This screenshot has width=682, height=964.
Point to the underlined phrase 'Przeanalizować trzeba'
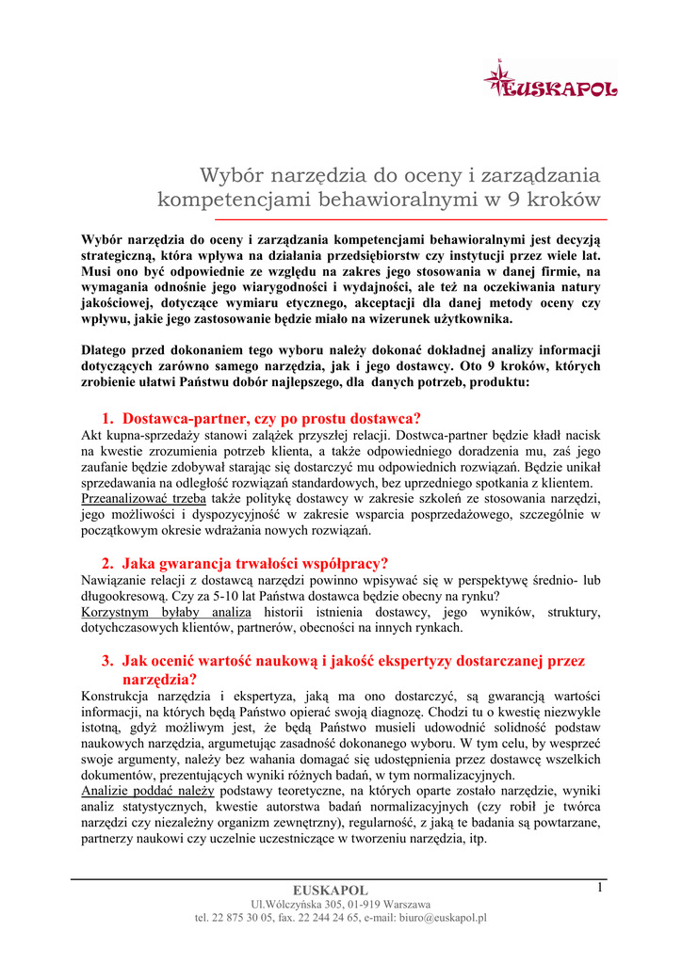pyautogui.click(x=143, y=497)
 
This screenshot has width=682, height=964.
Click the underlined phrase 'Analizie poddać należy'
pyautogui.click(x=148, y=790)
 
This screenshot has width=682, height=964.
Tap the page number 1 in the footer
pyautogui.click(x=599, y=888)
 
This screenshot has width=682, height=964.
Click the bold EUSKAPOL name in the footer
pyautogui.click(x=330, y=891)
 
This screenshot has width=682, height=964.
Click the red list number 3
pyautogui.click(x=106, y=661)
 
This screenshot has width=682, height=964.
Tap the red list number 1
pyautogui.click(x=106, y=418)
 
